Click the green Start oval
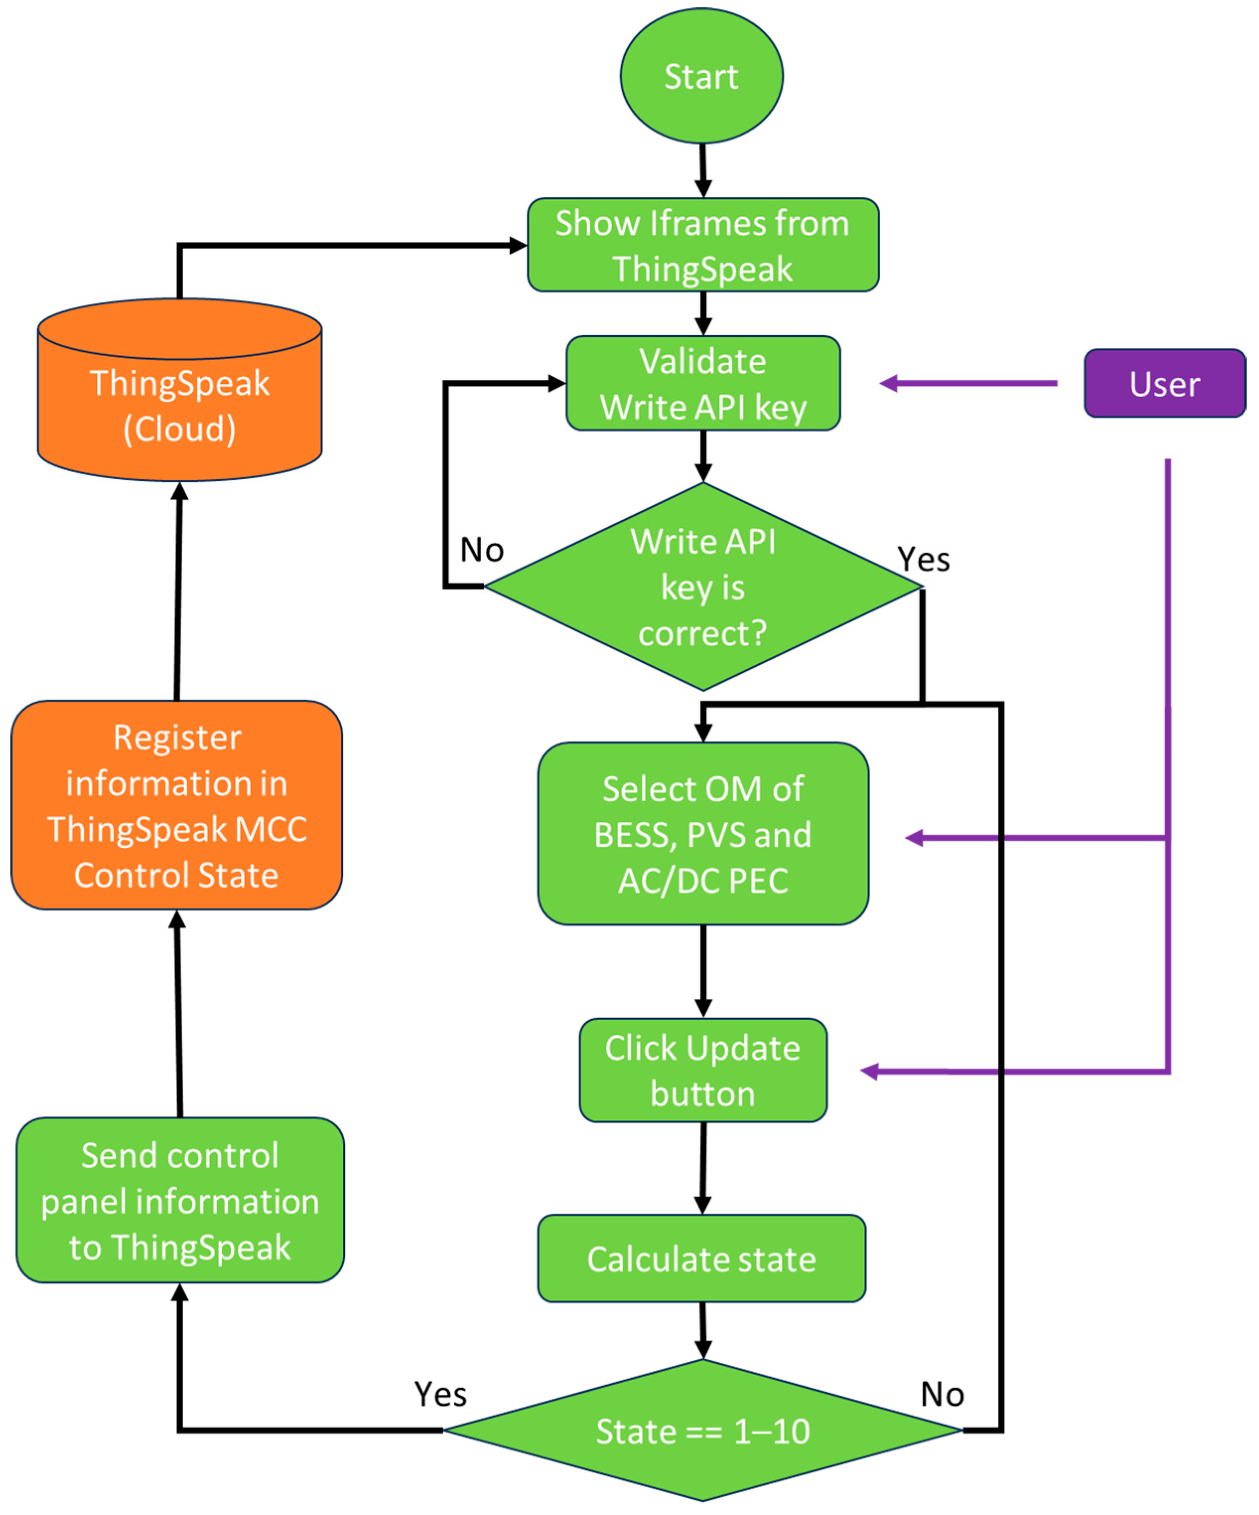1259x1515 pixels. pos(701,76)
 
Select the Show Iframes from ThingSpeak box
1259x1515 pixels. pos(703,245)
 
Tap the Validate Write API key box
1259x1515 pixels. pos(703,383)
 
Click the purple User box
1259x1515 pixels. pos(1165,383)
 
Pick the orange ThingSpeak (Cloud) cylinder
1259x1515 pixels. pos(180,390)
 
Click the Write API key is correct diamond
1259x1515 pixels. pos(703,586)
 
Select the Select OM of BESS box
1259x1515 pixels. pos(703,833)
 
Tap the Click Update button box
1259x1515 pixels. pos(703,1071)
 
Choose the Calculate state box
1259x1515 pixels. pos(701,1259)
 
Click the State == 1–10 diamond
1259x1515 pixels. pos(703,1431)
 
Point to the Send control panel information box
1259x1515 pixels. pos(180,1201)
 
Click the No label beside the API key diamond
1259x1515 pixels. pos(482,550)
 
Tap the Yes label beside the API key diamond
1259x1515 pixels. pos(924,559)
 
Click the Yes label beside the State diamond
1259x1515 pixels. pos(440,1394)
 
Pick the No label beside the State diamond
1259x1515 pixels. pos(942,1394)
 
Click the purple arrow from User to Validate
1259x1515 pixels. pos(969,383)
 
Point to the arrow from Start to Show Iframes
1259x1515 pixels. pos(702,171)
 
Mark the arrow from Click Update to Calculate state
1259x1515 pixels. pos(703,1169)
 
